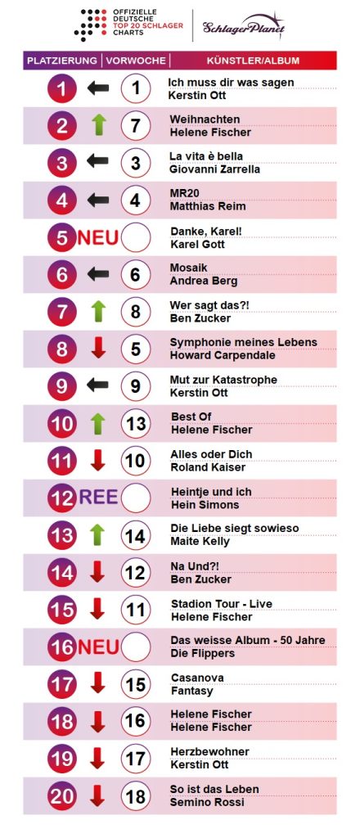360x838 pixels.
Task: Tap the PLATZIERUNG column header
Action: click(62, 61)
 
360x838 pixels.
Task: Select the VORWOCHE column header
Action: click(136, 61)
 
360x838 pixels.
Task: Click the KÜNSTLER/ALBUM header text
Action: click(253, 61)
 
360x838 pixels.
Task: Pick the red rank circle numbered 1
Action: click(62, 88)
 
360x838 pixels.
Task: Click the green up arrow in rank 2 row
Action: click(98, 125)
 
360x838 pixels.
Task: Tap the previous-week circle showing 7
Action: click(136, 125)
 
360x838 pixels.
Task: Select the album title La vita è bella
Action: click(206, 156)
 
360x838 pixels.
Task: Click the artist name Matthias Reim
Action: click(208, 206)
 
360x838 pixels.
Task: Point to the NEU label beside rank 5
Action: click(98, 237)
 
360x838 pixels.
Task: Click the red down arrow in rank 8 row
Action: click(98, 349)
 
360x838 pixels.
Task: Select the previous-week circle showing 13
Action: click(136, 423)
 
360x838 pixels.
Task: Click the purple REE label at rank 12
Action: click(98, 498)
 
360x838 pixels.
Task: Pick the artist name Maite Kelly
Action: click(200, 541)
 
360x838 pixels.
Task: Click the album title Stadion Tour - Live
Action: click(221, 603)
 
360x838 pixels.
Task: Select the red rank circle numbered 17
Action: click(62, 684)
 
